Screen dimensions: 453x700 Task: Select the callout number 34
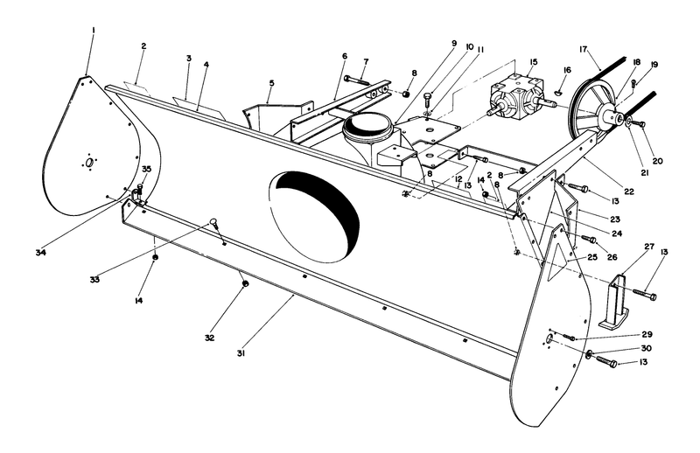point(41,253)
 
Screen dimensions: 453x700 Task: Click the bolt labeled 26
point(588,238)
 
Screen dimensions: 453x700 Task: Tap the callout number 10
point(469,47)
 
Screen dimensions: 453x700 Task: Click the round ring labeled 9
point(368,128)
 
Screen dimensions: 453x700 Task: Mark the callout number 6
point(345,55)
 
